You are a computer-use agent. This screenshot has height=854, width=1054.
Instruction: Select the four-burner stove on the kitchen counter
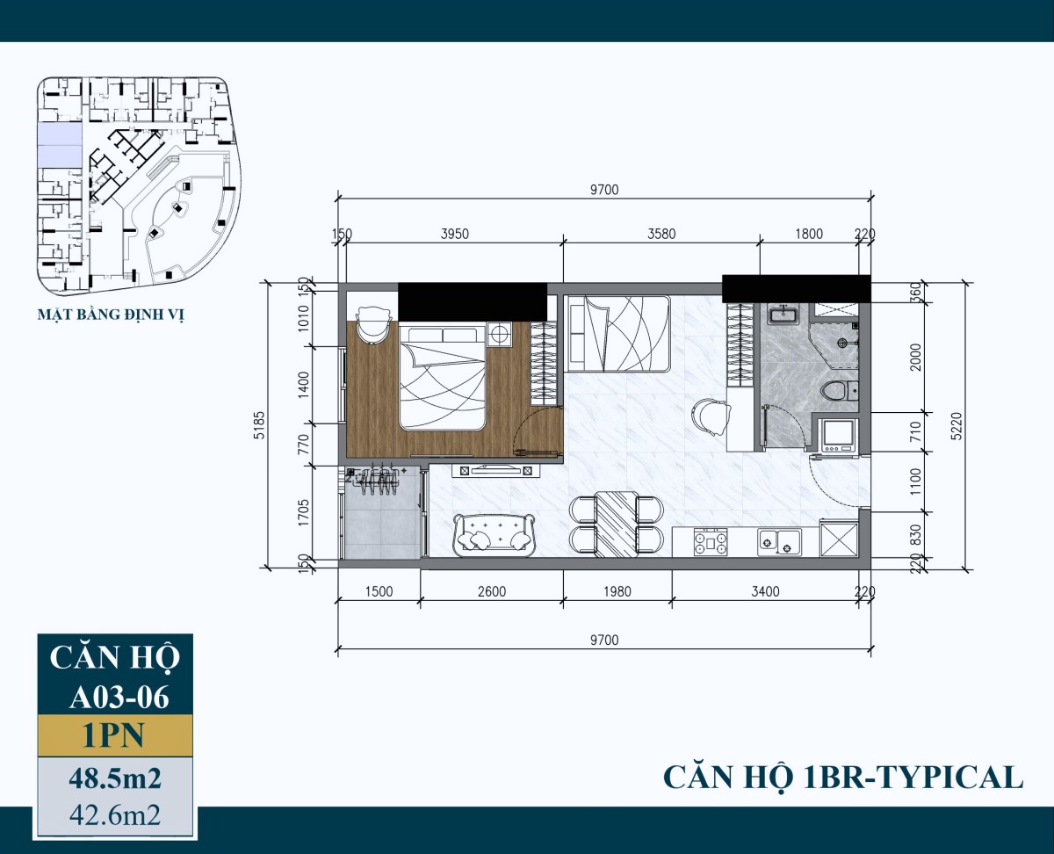click(711, 541)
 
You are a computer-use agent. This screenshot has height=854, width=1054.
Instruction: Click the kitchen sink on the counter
click(779, 542)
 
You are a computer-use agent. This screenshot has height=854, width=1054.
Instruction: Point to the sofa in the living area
click(494, 532)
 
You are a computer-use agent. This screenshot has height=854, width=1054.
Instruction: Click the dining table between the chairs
click(616, 525)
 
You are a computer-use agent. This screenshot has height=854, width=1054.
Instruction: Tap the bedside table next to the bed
click(501, 334)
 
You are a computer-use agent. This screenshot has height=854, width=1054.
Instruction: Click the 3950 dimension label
click(454, 234)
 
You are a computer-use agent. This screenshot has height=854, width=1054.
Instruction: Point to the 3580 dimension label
click(661, 234)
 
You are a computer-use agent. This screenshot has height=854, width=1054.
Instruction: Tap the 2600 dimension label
click(492, 591)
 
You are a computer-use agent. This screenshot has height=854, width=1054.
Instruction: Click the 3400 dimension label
click(766, 591)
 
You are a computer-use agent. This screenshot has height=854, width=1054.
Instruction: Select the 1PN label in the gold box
click(114, 735)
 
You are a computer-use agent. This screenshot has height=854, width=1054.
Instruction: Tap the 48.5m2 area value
click(115, 778)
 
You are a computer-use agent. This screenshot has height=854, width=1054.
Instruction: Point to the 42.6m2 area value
click(115, 814)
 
